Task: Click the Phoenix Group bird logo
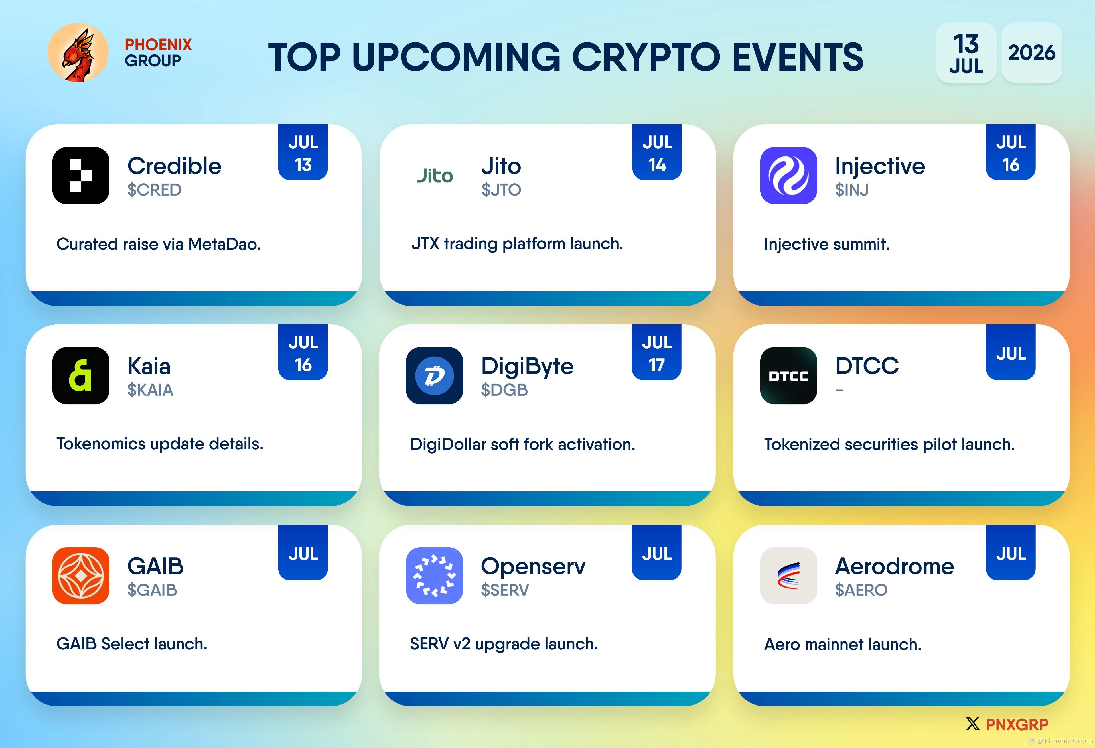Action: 78,52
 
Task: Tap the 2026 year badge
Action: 1031,52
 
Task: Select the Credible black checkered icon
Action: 81,175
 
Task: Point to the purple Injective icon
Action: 788,175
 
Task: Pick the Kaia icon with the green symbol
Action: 81,375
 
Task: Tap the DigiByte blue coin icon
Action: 434,375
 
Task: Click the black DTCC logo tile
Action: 788,375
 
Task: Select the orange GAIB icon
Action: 81,576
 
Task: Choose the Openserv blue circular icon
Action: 434,576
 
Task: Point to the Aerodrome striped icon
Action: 788,576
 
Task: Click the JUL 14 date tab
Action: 657,152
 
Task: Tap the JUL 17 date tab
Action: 657,352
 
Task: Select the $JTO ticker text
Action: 501,190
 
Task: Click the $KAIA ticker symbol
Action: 150,390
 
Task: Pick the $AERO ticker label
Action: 861,590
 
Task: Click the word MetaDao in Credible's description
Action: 224,244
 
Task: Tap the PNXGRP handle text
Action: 1017,724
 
